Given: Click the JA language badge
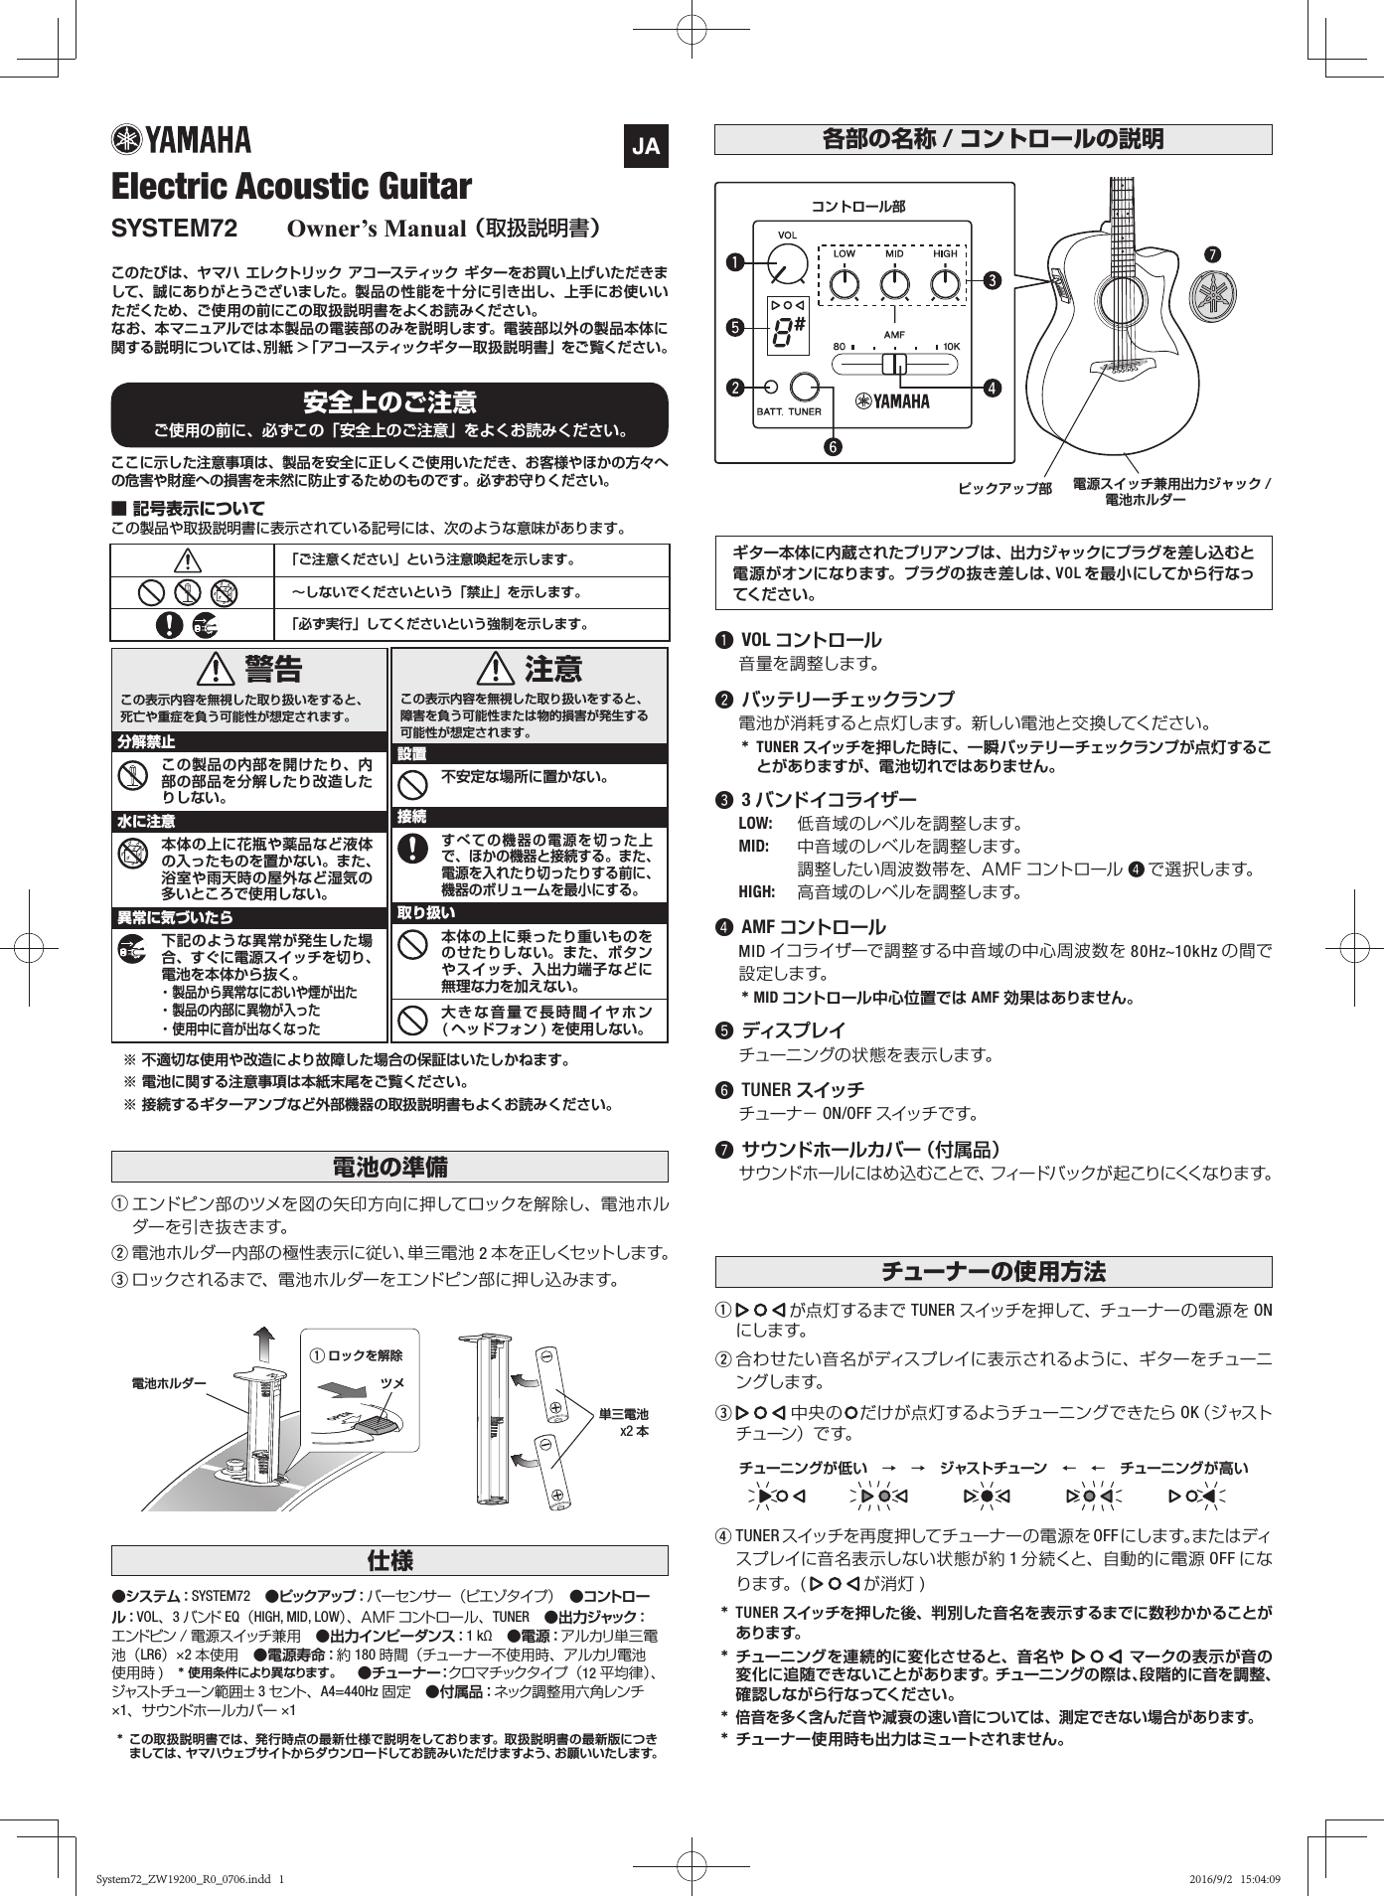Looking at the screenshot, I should coord(646,147).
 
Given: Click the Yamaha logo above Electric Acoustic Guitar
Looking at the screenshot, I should coord(181,140).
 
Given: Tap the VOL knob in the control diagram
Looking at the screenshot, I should coord(787,265).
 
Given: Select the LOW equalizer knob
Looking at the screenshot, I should coord(843,285).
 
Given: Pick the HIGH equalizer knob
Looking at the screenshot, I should coord(945,285).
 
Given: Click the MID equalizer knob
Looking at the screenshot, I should coord(894,285).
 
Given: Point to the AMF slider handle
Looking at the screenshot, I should coord(895,365).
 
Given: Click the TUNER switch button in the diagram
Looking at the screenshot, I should coord(805,387).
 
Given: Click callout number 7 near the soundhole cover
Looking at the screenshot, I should coord(1212,254).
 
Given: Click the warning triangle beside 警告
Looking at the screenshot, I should coord(216,670).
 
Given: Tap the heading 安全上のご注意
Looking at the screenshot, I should coord(389,402).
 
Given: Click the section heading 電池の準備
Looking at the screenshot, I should coord(389,1167).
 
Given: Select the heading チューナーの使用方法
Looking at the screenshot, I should coord(994,1272).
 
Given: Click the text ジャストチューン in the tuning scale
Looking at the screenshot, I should coord(993,1468).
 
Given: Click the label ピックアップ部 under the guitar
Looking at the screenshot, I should coord(1004,489).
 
